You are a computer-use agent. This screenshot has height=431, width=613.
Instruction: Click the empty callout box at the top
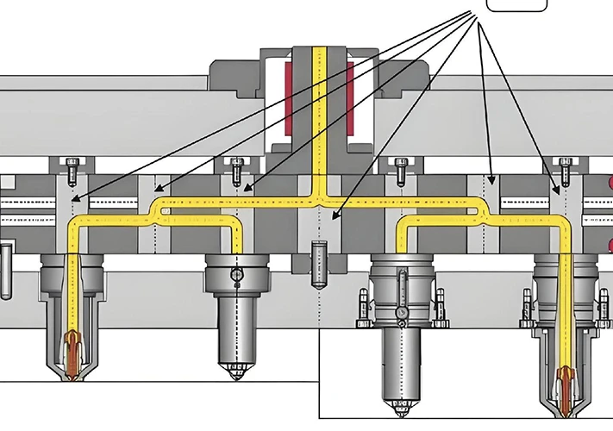tap(516, 4)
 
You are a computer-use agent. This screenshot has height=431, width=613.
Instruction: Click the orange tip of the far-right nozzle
tap(567, 379)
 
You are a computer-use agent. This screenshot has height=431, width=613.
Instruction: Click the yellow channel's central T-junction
tap(320, 200)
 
